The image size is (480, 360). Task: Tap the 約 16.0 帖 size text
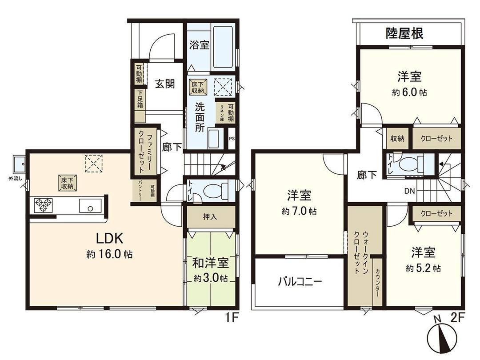109,255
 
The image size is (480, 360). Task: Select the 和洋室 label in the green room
210,263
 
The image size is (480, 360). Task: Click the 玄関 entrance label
164,84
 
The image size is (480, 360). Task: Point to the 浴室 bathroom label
199,45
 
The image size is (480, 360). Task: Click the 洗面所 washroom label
200,117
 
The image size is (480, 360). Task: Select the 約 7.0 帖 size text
299,212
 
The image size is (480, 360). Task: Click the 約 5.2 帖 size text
423,268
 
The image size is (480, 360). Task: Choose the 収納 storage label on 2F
397,138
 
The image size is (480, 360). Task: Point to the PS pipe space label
232,138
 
